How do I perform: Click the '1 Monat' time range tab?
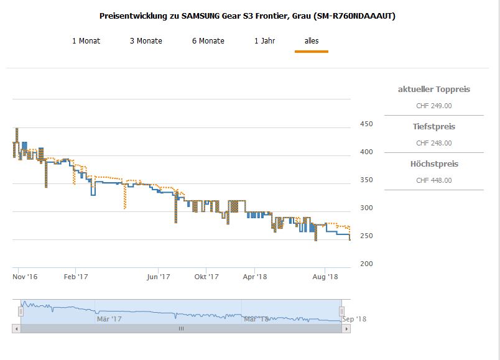point(86,41)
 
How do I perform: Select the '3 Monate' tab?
point(146,41)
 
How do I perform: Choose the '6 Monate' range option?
point(208,41)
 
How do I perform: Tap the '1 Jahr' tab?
point(264,41)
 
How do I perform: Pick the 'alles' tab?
point(312,41)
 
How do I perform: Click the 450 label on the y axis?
point(366,124)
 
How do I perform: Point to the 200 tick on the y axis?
point(366,264)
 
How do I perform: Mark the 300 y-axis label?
point(366,208)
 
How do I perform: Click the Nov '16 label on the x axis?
point(25,277)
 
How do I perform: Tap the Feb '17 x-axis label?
point(76,277)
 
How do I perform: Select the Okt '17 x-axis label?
point(206,277)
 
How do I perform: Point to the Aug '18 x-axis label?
point(324,277)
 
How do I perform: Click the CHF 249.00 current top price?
point(433,106)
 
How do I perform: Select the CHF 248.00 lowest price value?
point(433,143)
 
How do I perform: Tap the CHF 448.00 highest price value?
point(433,180)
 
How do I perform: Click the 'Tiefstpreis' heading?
point(433,127)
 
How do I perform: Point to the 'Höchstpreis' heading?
point(433,164)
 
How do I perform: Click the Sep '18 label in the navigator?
point(354,319)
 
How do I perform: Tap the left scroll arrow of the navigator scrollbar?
point(16,328)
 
